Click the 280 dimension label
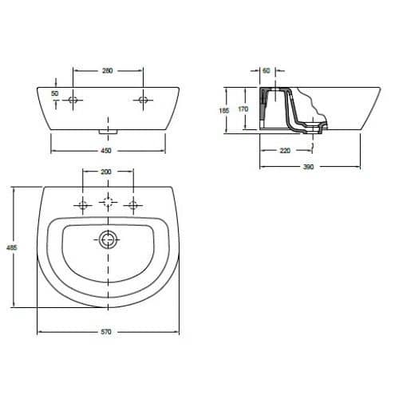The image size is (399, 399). pyautogui.click(x=108, y=71)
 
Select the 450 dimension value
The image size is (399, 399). pyautogui.click(x=106, y=151)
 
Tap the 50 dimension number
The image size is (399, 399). pyautogui.click(x=54, y=93)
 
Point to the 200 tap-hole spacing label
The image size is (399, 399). pyautogui.click(x=106, y=172)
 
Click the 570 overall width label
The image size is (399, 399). pyautogui.click(x=106, y=332)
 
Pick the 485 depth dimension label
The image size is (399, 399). pyautogui.click(x=12, y=247)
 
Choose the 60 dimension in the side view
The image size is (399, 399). pyautogui.click(x=267, y=71)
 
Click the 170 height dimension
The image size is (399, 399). pyautogui.click(x=243, y=109)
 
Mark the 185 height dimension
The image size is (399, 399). pyautogui.click(x=224, y=110)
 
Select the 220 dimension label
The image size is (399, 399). pyautogui.click(x=285, y=151)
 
